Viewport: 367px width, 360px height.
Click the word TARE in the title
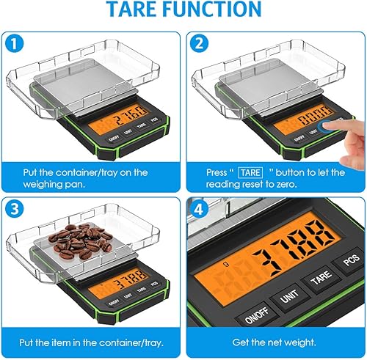pos(129,10)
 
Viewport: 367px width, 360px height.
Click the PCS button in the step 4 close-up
pos(348,265)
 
